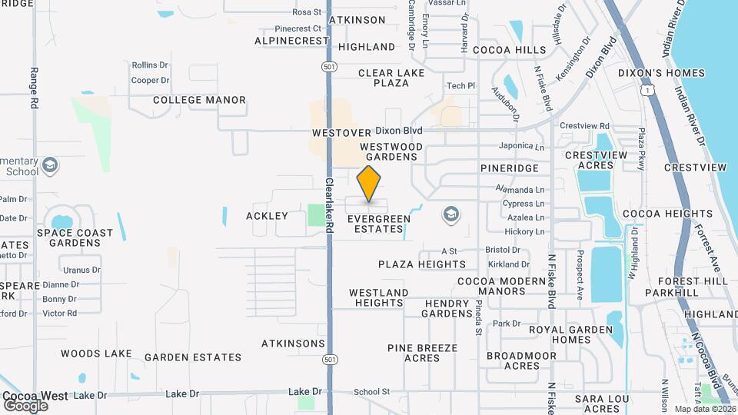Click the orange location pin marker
click(x=369, y=184)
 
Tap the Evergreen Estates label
click(x=379, y=224)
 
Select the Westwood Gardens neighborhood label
click(x=391, y=151)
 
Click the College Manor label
click(x=199, y=100)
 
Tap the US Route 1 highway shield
click(x=650, y=91)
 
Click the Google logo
click(x=26, y=405)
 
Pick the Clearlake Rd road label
click(x=328, y=204)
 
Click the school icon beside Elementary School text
click(x=51, y=165)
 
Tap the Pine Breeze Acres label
click(x=422, y=353)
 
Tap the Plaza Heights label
click(x=422, y=264)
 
